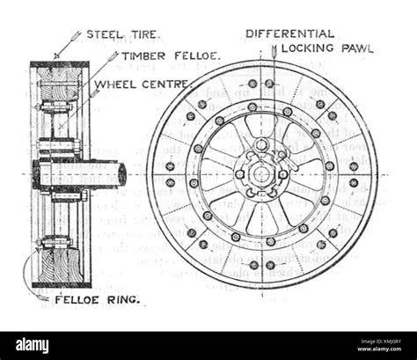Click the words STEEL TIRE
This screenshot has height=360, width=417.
coord(123,35)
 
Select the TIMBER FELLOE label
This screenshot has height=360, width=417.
coord(171,56)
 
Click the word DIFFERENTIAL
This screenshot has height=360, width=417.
coord(289,33)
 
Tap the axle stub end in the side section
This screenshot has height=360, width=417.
coord(121,174)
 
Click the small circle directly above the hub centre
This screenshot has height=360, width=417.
coord(261,143)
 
